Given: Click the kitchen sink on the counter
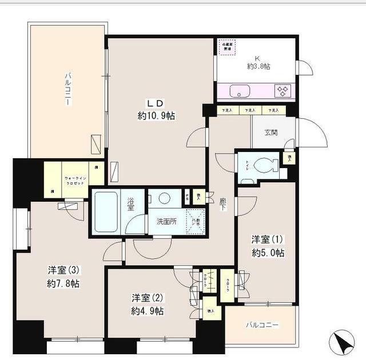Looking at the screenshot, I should [237, 91].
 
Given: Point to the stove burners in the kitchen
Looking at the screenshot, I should [283, 90].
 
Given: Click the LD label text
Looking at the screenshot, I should [156, 103].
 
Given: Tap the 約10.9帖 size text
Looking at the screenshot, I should [156, 116].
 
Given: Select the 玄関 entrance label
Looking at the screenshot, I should [270, 133].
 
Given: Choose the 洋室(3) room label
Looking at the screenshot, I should [63, 270].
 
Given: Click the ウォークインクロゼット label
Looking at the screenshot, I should [75, 179].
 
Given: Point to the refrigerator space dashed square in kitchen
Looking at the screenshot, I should [228, 47].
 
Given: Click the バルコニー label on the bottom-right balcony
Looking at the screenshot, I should [262, 325].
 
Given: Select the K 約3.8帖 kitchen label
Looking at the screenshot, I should [258, 62].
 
